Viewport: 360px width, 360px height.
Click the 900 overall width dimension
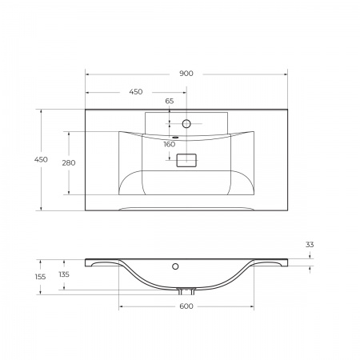pos(186,74)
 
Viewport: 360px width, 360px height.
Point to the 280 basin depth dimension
pos(69,163)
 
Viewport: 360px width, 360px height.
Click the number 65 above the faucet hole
pos(170,102)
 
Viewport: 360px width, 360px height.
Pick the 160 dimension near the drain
pos(170,145)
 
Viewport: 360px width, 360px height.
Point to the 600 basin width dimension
pos(186,306)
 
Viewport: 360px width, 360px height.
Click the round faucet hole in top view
pos(186,124)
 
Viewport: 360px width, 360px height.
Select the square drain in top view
pos(186,160)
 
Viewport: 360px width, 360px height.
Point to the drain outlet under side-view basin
pos(186,290)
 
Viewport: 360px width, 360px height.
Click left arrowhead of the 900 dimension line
pos(87,74)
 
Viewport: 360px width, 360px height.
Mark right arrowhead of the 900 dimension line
pos(286,74)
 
